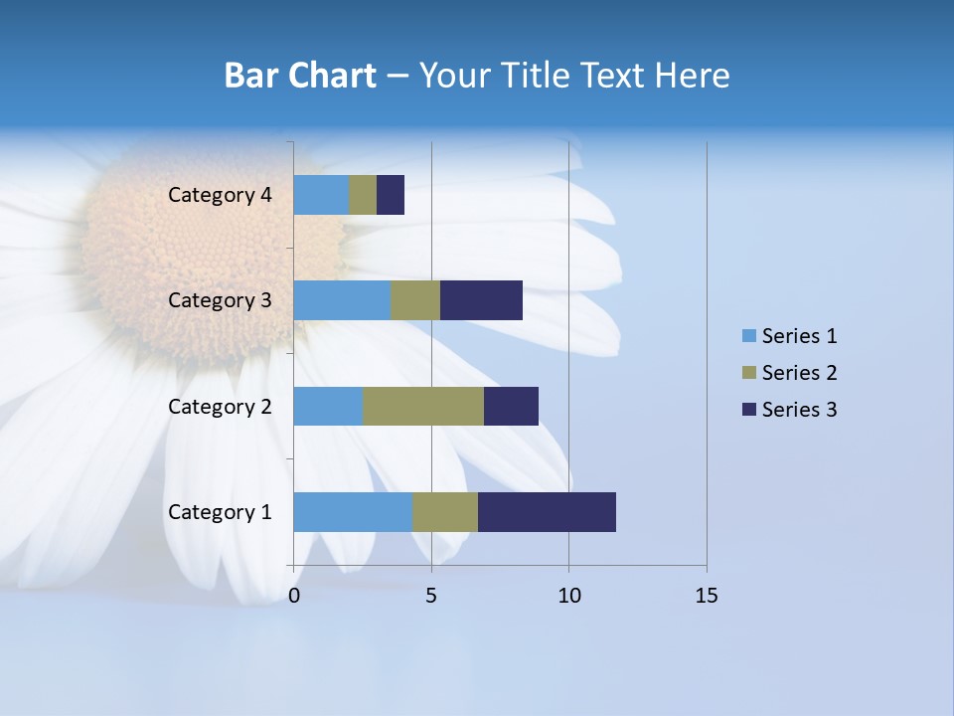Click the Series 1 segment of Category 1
[x=353, y=511]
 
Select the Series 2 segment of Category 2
[x=423, y=406]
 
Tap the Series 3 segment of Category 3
[x=481, y=300]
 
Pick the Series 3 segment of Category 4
[x=391, y=195]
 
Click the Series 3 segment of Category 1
[x=547, y=511]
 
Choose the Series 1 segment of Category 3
[x=342, y=300]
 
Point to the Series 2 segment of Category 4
[x=363, y=195]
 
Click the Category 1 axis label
[x=220, y=512]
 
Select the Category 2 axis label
[x=220, y=407]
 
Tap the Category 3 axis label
[x=220, y=300]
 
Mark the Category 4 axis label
[x=220, y=195]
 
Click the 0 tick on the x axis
[x=294, y=596]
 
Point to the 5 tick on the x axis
[x=431, y=596]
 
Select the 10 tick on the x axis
[x=568, y=596]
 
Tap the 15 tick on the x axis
[x=706, y=596]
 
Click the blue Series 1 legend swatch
[x=748, y=336]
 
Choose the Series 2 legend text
[x=799, y=373]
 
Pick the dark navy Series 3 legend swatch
[x=748, y=410]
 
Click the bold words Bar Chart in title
[x=300, y=76]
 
